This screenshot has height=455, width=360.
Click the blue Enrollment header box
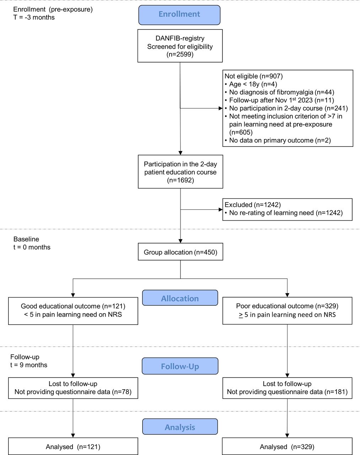pos(179,15)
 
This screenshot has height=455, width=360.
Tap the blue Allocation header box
pos(180,298)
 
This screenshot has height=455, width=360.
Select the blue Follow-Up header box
pos(180,366)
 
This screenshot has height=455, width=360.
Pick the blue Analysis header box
pos(180,427)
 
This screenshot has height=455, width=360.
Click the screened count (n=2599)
pos(180,55)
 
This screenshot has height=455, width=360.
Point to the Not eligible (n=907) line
pos(253,76)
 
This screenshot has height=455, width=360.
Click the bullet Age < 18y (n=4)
pos(253,84)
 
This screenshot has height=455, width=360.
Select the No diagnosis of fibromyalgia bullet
pos(281,92)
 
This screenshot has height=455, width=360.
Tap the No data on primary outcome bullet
pos(280,140)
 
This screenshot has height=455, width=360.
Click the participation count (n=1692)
pos(180,180)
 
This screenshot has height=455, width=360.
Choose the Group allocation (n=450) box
pos(180,252)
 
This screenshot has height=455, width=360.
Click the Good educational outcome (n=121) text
pos(73,306)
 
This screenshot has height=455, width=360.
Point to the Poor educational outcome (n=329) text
pos(287,306)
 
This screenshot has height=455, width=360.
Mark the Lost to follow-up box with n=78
pos(73,388)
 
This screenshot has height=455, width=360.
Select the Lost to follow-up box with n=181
pos(287,388)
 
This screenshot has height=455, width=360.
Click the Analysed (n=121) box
pos(73,447)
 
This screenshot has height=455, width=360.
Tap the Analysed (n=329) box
pos(287,447)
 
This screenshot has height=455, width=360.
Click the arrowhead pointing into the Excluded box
pos(220,210)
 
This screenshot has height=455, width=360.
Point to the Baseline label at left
pos(26,239)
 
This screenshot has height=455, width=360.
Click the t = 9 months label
pos(28,365)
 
